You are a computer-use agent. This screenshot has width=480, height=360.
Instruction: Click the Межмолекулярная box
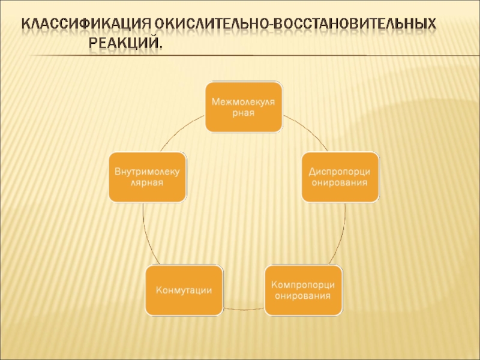pyautogui.click(x=244, y=107)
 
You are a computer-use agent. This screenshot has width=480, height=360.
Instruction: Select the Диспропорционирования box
pyautogui.click(x=340, y=176)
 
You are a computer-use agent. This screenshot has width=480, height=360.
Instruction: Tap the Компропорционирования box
pyautogui.click(x=303, y=290)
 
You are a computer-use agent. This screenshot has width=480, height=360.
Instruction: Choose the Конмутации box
pyautogui.click(x=184, y=290)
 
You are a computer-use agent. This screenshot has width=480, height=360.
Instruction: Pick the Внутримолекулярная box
pyautogui.click(x=147, y=176)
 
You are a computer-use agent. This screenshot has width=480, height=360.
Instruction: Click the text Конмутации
pyautogui.click(x=184, y=290)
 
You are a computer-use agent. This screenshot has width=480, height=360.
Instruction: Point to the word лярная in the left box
pyautogui.click(x=147, y=182)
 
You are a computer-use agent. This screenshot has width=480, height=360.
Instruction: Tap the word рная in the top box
pyautogui.click(x=244, y=113)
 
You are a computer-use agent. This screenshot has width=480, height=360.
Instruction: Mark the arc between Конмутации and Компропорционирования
pyautogui.click(x=244, y=309)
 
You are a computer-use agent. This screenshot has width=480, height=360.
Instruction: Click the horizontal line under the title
pyautogui.click(x=198, y=56)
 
